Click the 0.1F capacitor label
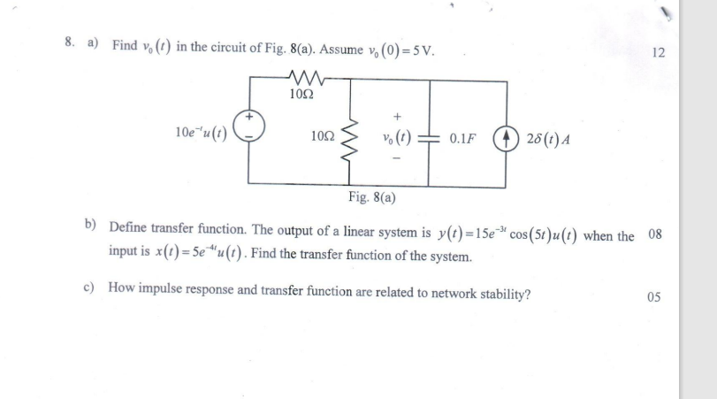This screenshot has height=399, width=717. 462,139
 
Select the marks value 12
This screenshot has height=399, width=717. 656,52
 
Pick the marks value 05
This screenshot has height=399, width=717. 654,296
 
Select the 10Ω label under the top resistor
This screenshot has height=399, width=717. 300,92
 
